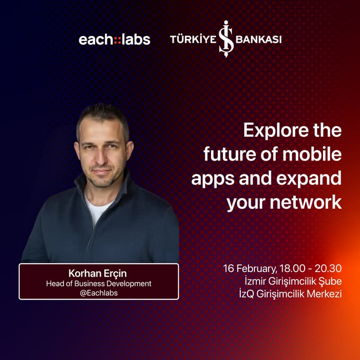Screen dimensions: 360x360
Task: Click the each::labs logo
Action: (x=114, y=39)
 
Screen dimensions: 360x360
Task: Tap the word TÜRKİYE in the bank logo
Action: (x=193, y=39)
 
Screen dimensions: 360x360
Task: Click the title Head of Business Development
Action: (x=99, y=283)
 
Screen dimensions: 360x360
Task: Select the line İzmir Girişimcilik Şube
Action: (x=292, y=282)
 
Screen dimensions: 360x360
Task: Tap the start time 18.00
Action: (x=292, y=269)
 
